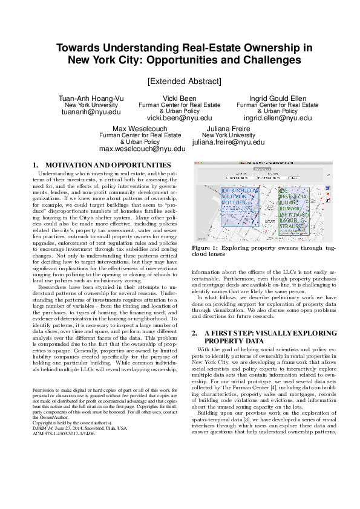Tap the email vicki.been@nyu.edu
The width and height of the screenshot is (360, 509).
click(x=180, y=118)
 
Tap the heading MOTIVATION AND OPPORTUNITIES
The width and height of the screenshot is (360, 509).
click(x=108, y=165)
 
